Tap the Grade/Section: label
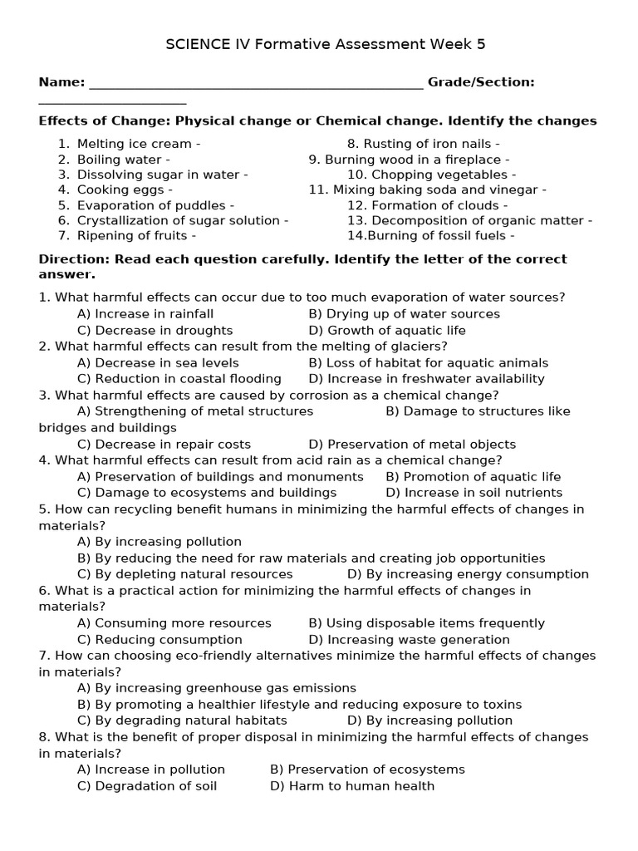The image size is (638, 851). pyautogui.click(x=481, y=81)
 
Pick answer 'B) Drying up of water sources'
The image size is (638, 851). pyautogui.click(x=404, y=314)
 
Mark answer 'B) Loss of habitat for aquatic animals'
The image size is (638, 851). pyautogui.click(x=428, y=362)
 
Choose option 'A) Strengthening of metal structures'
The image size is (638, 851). pyautogui.click(x=195, y=411)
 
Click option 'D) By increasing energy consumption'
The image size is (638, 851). pyautogui.click(x=468, y=573)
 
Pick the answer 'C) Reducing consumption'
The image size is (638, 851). pyautogui.click(x=159, y=640)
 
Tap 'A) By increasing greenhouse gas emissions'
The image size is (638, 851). pyautogui.click(x=216, y=688)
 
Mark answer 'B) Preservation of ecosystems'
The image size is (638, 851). pyautogui.click(x=367, y=770)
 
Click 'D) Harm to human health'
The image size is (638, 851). pyautogui.click(x=352, y=785)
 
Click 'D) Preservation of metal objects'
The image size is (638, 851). pyautogui.click(x=412, y=444)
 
